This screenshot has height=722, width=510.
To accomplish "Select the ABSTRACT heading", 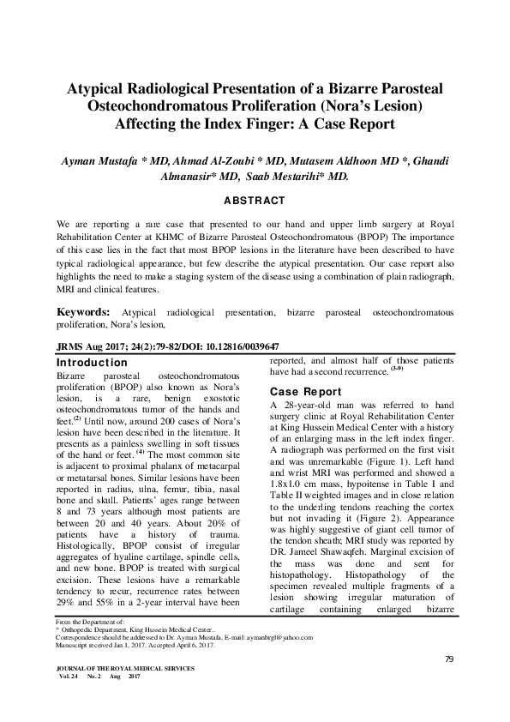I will pyautogui.click(x=255, y=201).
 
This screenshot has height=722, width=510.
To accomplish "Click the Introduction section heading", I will pyautogui.click(x=91, y=364).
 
